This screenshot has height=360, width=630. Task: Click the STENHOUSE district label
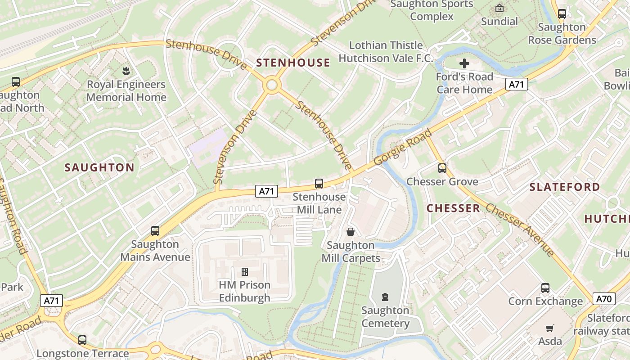pos(293,63)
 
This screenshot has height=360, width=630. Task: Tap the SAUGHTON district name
pos(99,168)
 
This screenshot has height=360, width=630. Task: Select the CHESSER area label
pos(453,208)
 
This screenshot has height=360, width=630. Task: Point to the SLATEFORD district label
pos(565,187)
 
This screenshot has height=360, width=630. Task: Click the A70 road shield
pos(604,298)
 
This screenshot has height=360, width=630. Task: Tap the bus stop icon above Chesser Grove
pos(442,168)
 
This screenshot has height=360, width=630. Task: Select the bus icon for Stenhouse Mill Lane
pos(319,183)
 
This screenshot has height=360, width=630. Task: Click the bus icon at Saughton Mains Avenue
pos(155,231)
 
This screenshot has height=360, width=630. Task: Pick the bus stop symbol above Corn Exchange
pos(545,288)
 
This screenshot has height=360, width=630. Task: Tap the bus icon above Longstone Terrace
pos(82,340)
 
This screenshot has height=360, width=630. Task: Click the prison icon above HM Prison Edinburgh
pos(245,271)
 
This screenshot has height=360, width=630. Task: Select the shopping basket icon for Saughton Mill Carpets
pos(351,232)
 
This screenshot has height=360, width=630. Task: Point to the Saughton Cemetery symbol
pos(385,297)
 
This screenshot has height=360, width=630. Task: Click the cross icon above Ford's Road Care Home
pos(464,63)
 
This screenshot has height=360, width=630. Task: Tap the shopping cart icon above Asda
pos(549,328)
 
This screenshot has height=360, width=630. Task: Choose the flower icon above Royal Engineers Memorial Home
pos(126,71)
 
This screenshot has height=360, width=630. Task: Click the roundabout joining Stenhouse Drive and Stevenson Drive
pos(271,85)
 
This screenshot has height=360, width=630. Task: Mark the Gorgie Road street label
pos(403,147)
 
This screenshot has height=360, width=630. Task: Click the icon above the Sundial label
pos(499,8)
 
